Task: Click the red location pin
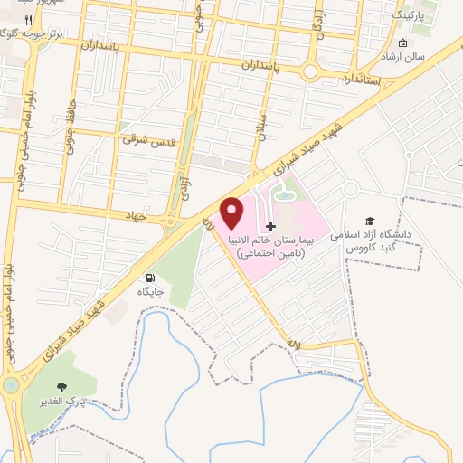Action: [233, 213]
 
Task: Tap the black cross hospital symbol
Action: [270, 225]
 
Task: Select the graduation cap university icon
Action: [369, 222]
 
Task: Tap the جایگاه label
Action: [149, 291]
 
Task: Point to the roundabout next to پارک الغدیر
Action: [11, 386]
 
